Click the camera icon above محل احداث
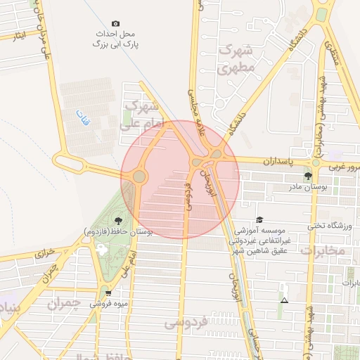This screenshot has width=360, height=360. click(116, 23)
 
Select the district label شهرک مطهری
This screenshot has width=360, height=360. click(234, 60)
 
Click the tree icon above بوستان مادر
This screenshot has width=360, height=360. click(307, 175)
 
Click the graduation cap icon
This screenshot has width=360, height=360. click(259, 219)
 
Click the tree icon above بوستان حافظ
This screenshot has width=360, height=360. click(117, 221)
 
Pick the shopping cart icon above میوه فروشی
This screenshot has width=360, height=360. click(108, 292)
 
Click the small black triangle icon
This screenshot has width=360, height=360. click(283, 300)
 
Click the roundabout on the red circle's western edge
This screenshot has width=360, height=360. click(139, 176)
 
